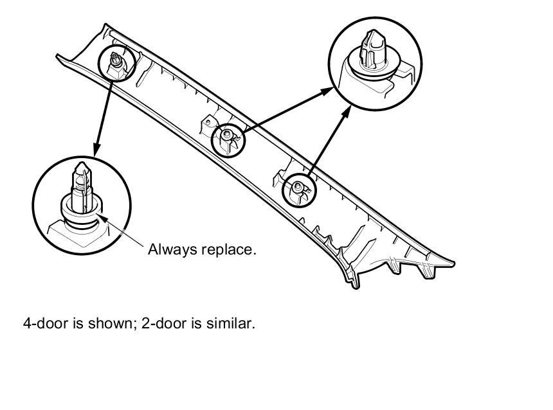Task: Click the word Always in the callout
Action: pyautogui.click(x=169, y=249)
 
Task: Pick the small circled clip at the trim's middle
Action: pyautogui.click(x=228, y=137)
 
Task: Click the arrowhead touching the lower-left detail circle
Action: pyautogui.click(x=97, y=150)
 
